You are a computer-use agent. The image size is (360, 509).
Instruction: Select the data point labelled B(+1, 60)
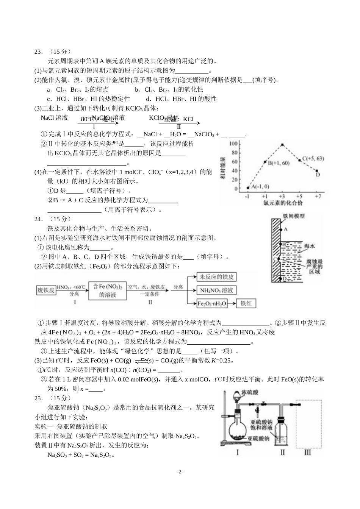coord(265,162)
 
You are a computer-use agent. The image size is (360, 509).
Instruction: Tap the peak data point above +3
coord(282,145)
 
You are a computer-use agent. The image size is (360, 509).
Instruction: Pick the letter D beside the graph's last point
coord(318,175)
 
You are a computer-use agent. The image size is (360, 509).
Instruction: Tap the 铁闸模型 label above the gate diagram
coord(294,216)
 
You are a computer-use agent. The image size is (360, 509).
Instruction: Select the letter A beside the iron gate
coord(286,229)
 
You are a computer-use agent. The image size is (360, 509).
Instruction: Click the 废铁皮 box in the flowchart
coord(46,290)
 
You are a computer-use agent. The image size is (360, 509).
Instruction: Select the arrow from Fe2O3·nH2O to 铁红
coord(232,303)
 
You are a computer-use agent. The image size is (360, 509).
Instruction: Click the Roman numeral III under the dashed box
coord(307,452)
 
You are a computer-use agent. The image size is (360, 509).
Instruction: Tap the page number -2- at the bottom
coord(180,472)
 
